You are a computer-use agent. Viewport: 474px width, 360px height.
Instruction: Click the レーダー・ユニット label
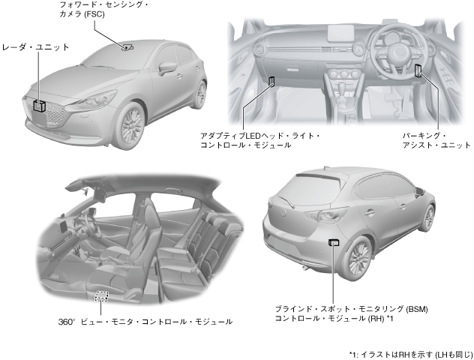(35, 46)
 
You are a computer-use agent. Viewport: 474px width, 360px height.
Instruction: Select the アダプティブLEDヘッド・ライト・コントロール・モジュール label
(259, 139)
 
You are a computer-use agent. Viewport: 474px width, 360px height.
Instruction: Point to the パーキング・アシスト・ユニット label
(436, 139)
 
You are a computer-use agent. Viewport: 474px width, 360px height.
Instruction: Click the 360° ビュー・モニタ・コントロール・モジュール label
(145, 321)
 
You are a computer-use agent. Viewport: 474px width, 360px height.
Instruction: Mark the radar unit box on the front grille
(38, 105)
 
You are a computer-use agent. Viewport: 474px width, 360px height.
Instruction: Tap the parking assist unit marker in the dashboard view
(418, 71)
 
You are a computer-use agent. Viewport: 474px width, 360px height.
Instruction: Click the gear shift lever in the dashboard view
(346, 93)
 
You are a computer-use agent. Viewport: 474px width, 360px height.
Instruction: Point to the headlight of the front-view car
(98, 98)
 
